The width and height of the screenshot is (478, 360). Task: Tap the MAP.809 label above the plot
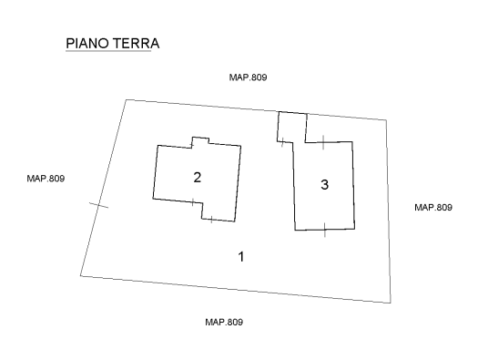(x=248, y=78)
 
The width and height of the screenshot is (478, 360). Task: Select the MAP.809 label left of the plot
(x=46, y=178)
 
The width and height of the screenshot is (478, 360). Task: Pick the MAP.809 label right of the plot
(x=432, y=208)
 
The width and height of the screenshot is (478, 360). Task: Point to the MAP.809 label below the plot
(x=224, y=322)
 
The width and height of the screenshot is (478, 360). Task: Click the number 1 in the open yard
(x=240, y=256)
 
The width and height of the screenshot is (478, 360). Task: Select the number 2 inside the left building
(x=197, y=177)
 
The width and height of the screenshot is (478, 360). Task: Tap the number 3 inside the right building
(x=324, y=185)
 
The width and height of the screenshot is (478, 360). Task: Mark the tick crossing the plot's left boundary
(x=98, y=206)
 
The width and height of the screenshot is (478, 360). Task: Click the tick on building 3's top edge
(x=323, y=141)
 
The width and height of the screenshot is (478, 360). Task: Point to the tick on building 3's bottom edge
(x=324, y=230)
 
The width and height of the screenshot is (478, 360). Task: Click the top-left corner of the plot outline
(x=125, y=99)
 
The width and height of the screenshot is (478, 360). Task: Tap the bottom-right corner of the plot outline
(x=392, y=302)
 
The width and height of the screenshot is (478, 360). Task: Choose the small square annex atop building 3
(x=291, y=126)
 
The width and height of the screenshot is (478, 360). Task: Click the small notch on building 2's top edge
(x=199, y=140)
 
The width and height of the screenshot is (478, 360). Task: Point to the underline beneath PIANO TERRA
(x=107, y=52)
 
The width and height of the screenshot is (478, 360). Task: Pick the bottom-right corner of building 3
(x=355, y=230)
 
